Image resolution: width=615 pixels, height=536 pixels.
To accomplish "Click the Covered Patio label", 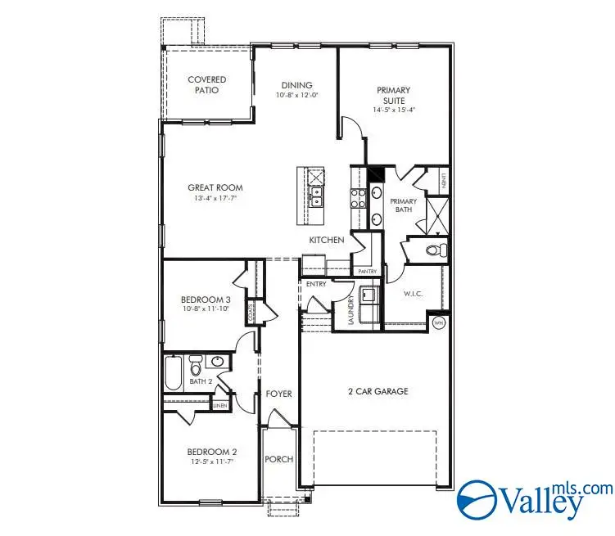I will click(206, 84).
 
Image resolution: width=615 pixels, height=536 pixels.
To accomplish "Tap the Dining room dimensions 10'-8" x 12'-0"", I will click(296, 95).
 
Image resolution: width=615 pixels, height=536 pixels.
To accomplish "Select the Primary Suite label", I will click(393, 95).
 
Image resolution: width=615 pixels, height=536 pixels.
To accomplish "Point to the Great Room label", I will click(215, 187).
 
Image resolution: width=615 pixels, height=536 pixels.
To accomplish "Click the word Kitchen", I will click(326, 240).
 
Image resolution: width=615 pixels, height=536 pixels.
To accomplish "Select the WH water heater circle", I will click(437, 323).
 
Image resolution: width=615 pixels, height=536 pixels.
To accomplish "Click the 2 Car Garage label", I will click(378, 391).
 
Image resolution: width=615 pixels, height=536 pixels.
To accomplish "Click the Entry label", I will click(316, 284).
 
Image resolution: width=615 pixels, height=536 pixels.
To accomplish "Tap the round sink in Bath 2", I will click(219, 361).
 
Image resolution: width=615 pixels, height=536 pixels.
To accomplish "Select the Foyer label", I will click(278, 394).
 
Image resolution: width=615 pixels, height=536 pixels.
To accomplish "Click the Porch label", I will click(278, 459).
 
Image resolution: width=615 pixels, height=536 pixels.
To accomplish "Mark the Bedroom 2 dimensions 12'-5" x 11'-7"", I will click(211, 463).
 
